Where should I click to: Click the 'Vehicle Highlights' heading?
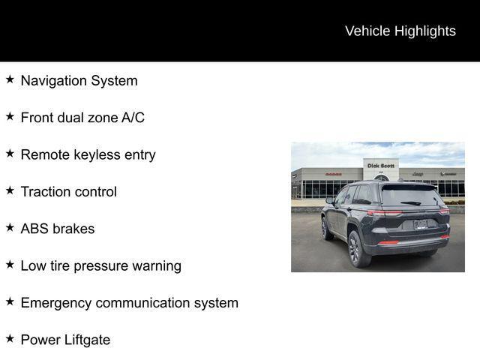point(400,31)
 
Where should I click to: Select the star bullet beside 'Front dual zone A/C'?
point(10,116)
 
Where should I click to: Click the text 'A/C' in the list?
point(132,118)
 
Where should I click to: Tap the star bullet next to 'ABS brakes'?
point(10,227)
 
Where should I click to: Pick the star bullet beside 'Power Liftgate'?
point(10,338)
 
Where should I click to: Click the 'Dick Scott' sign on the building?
point(380,166)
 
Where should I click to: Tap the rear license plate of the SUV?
point(421,223)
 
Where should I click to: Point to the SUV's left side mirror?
point(329,200)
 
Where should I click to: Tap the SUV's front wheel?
point(326,228)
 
